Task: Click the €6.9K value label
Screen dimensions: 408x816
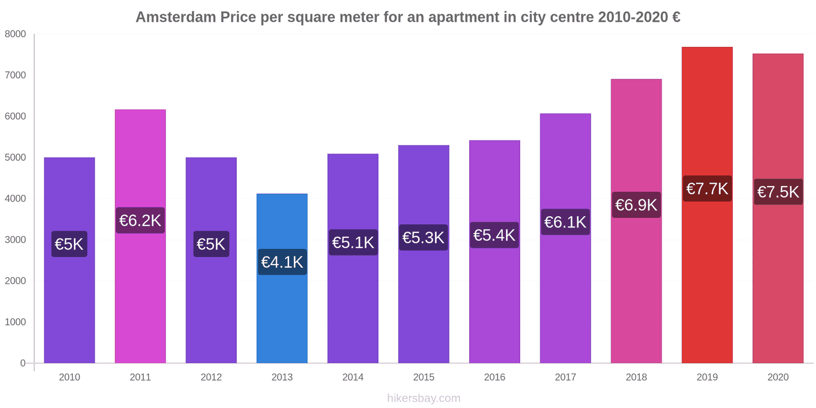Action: click(x=636, y=205)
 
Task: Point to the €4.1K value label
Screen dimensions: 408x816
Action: click(x=282, y=262)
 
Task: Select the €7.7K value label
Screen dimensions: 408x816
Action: click(x=707, y=189)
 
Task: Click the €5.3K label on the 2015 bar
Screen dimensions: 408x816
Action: click(x=423, y=238)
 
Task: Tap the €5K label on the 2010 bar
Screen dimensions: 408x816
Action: click(x=69, y=244)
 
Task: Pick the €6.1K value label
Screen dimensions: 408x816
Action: click(x=565, y=222)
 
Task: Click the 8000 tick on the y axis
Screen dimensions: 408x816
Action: click(x=15, y=34)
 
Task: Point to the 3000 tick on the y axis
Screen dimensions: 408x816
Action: click(x=15, y=240)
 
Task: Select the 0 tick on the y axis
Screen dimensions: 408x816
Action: click(x=22, y=363)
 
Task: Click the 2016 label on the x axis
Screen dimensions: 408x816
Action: click(x=494, y=377)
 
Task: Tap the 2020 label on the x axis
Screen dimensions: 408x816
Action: click(x=778, y=377)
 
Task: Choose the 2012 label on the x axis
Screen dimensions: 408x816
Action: click(x=211, y=377)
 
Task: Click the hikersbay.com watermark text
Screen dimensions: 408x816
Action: click(x=423, y=398)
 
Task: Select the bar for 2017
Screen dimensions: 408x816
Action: click(x=565, y=296)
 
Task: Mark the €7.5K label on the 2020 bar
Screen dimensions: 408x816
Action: click(x=778, y=192)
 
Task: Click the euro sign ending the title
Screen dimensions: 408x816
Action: click(x=676, y=17)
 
